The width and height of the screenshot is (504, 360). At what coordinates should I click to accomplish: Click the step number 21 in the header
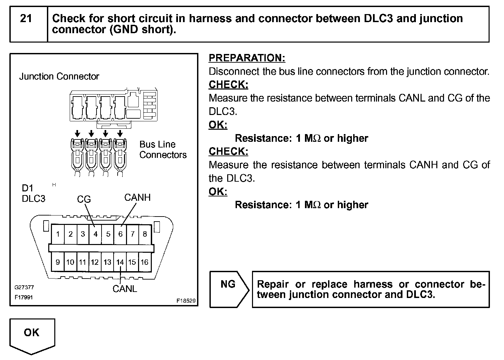(26, 18)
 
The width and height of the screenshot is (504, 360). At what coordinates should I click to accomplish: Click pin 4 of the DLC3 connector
(96, 234)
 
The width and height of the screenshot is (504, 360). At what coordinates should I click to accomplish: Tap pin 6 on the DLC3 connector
(120, 234)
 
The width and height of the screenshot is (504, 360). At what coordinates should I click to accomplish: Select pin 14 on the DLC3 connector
(120, 262)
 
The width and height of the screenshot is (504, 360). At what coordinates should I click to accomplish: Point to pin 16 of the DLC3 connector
(144, 262)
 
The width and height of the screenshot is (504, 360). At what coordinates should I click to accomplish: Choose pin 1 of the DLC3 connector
(58, 234)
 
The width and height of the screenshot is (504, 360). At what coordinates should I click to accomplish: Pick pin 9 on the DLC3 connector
(58, 262)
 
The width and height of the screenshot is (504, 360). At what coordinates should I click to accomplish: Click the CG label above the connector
(84, 199)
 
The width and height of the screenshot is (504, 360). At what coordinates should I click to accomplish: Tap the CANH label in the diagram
(137, 197)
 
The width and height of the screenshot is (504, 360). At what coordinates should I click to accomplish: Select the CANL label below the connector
(125, 289)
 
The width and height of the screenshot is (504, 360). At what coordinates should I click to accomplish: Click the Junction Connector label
(59, 76)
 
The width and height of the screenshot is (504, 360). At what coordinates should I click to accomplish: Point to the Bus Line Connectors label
(163, 149)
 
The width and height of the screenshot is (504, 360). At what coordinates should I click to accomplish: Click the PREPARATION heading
(247, 58)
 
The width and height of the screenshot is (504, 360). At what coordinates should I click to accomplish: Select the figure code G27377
(24, 288)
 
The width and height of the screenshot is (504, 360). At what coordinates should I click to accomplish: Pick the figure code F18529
(186, 301)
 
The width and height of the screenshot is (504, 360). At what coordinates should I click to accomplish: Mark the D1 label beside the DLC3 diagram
(27, 188)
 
